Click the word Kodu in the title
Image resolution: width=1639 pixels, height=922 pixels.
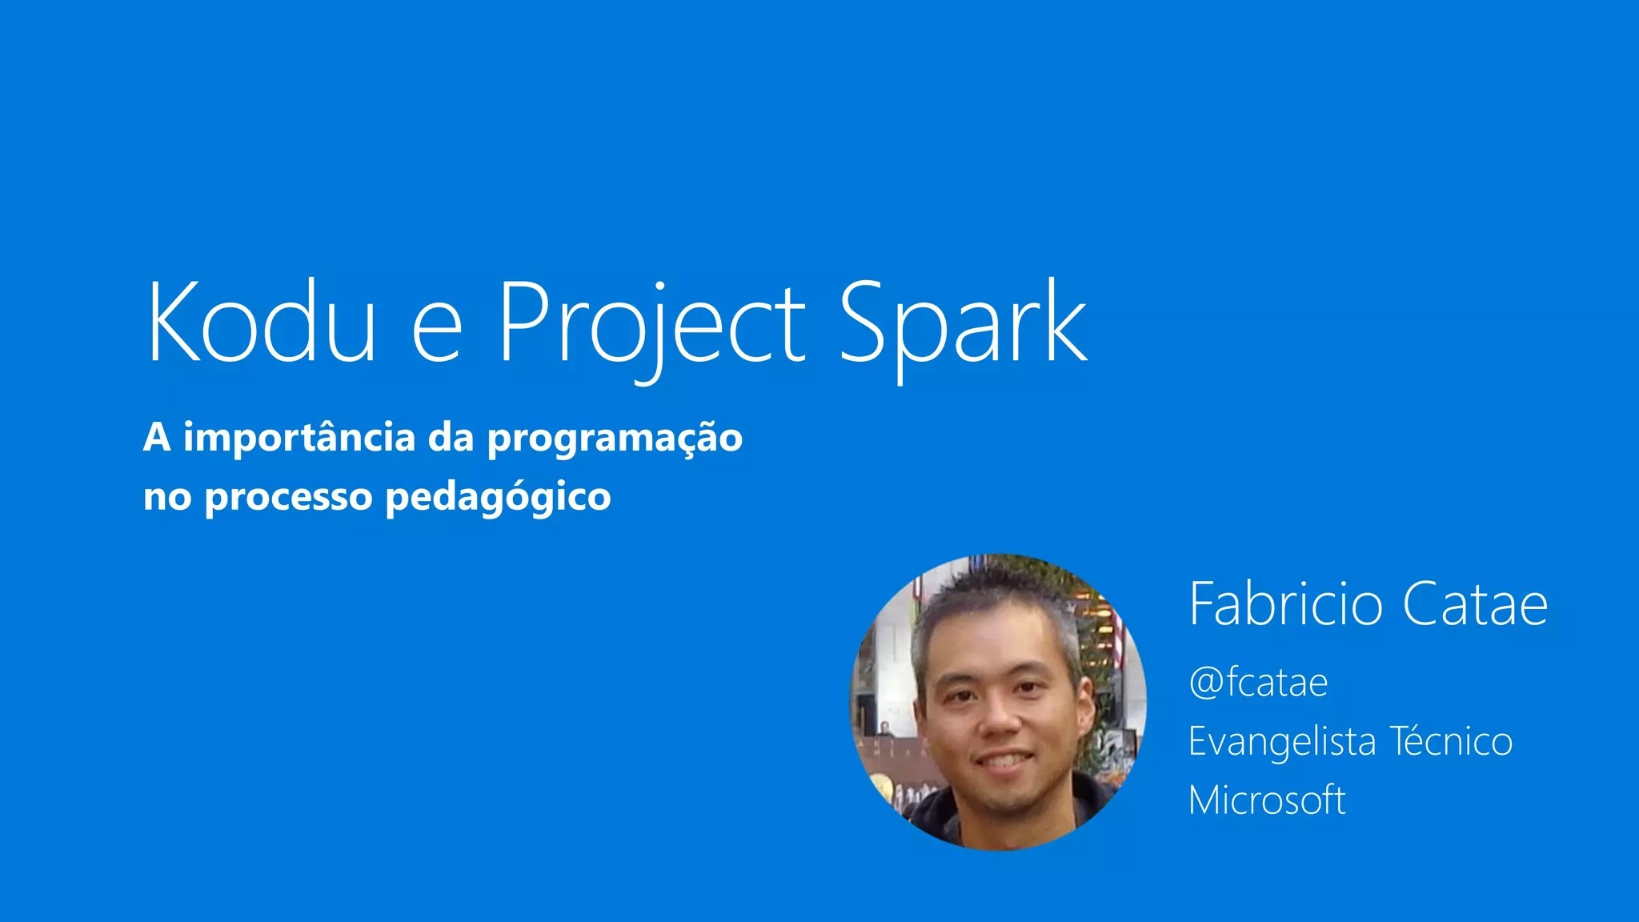point(261,322)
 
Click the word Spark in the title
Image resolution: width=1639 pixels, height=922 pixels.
point(963,323)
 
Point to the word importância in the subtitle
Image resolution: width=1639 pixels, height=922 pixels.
point(299,437)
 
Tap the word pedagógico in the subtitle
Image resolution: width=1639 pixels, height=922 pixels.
point(498,498)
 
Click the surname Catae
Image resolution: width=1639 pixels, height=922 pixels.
point(1475,605)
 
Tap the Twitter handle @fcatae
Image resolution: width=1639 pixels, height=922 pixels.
point(1258,683)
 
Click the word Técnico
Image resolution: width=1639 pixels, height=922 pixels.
point(1451,741)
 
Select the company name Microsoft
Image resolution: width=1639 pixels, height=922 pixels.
point(1267,800)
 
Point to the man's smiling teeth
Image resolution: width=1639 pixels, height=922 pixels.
point(1004,759)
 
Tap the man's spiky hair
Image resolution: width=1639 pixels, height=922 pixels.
point(992,596)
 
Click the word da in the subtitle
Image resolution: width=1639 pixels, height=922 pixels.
point(451,437)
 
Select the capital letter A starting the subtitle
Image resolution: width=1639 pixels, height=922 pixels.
point(157,437)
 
